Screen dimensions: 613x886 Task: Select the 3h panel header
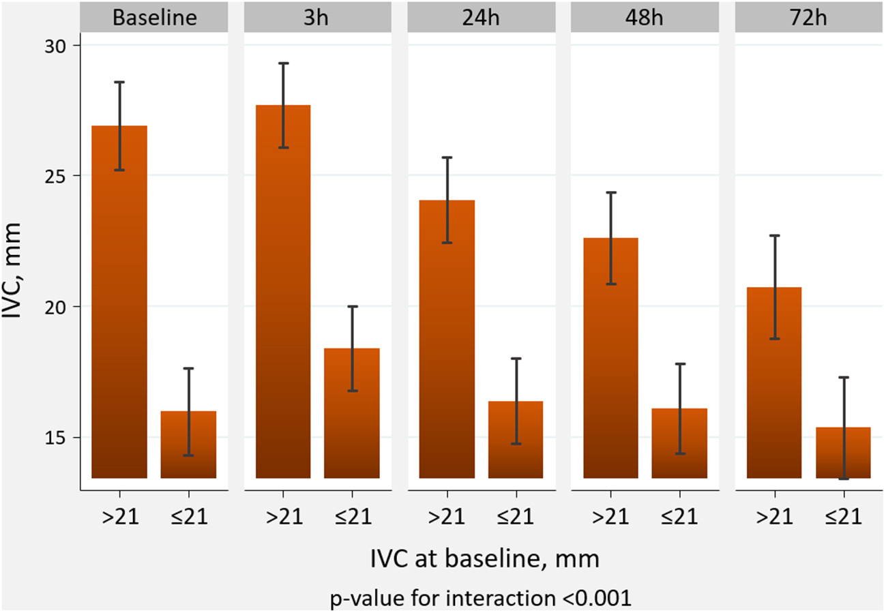click(317, 16)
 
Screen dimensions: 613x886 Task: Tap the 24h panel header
click(481, 16)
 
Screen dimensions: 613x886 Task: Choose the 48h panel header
click(645, 16)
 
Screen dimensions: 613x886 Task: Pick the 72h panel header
click(809, 16)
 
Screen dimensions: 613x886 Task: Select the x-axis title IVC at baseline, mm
click(485, 560)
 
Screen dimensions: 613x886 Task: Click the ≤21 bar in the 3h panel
click(352, 413)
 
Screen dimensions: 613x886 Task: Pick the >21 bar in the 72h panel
click(774, 382)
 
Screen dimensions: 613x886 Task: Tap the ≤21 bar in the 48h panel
click(679, 443)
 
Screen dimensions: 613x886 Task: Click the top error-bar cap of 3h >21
click(283, 63)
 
